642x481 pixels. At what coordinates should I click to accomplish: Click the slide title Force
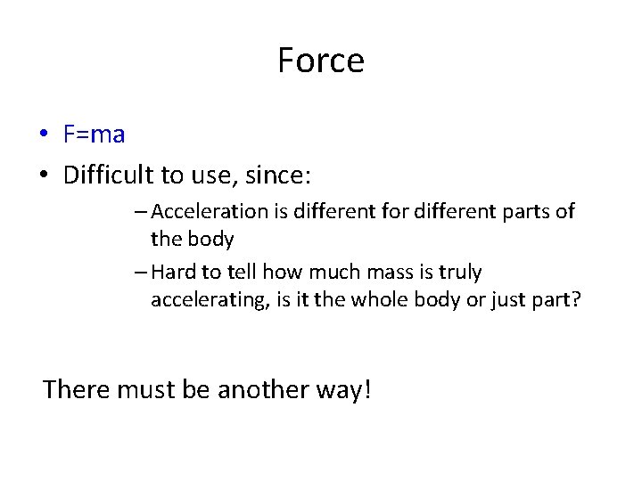[320, 61]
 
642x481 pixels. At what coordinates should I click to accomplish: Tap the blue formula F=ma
[94, 135]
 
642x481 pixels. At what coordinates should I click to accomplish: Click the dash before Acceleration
[143, 212]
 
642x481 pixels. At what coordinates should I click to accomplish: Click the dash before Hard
[143, 273]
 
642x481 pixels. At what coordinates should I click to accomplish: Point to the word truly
[459, 273]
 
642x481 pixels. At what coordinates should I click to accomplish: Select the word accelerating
[202, 299]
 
